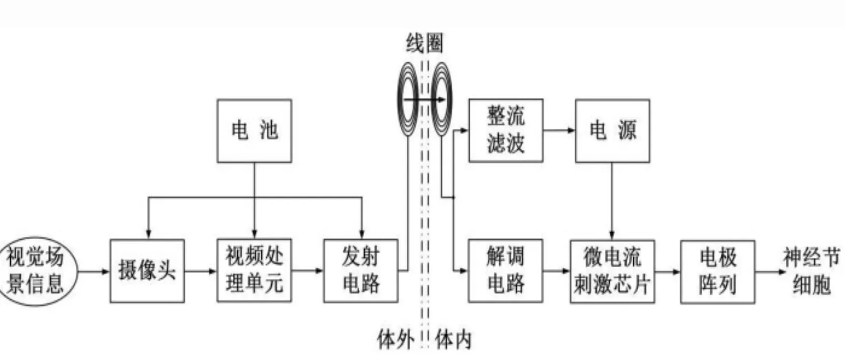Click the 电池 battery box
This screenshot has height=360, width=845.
click(254, 131)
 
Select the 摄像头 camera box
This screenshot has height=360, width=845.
click(147, 271)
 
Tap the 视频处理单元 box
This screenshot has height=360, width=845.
click(254, 271)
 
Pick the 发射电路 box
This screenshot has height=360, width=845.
click(361, 271)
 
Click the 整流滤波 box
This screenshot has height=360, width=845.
click(506, 131)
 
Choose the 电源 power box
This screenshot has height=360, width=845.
click(612, 131)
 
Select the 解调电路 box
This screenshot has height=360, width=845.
click(506, 271)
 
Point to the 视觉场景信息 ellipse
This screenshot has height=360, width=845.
click(35, 271)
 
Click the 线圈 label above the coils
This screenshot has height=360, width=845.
click(424, 43)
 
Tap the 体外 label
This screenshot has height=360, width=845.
click(395, 339)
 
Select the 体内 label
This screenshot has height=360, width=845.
click(453, 339)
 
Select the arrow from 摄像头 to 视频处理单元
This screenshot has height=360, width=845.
click(200, 271)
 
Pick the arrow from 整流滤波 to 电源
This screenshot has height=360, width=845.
click(559, 131)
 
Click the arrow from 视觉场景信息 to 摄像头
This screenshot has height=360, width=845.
click(93, 271)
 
